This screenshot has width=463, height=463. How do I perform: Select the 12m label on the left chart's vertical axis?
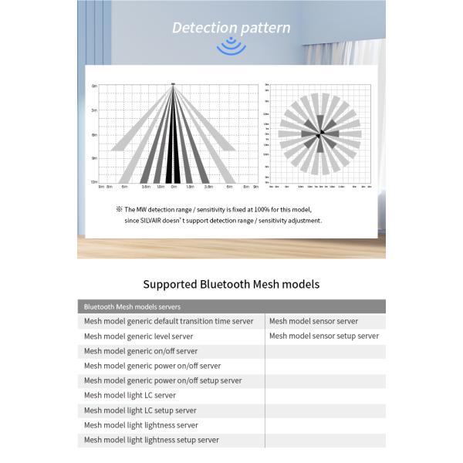pyautogui.click(x=94, y=182)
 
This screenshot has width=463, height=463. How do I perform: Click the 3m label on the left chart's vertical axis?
pyautogui.click(x=94, y=110)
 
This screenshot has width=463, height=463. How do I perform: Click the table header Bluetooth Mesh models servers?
pyautogui.click(x=132, y=306)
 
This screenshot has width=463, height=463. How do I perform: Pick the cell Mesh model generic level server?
pyautogui.click(x=138, y=336)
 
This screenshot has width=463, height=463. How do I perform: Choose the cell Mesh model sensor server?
pyautogui.click(x=313, y=321)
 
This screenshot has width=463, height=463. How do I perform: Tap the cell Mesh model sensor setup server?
pyautogui.click(x=324, y=336)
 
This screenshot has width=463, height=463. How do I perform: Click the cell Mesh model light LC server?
pyautogui.click(x=130, y=395)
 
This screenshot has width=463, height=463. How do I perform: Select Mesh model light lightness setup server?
pyautogui.click(x=151, y=440)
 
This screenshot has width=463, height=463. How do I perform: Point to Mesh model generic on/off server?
pyautogui.click(x=140, y=351)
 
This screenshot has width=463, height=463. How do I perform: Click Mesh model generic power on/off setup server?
pyautogui.click(x=163, y=380)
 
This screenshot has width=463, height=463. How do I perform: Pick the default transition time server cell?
pyautogui.click(x=168, y=321)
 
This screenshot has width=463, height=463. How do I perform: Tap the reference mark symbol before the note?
pyautogui.click(x=120, y=209)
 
